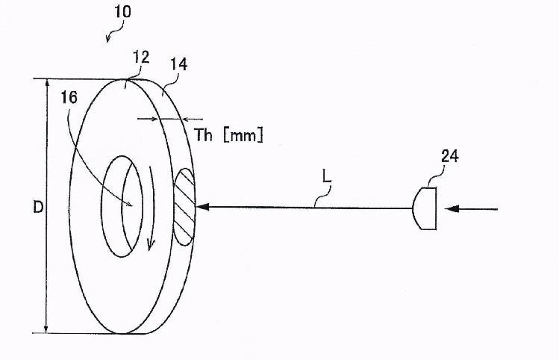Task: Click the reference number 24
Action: tap(450, 157)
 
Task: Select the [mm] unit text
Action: tap(243, 135)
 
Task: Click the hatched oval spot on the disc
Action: tap(184, 207)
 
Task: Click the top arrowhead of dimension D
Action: tap(47, 83)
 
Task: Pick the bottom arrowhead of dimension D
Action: tap(47, 329)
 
